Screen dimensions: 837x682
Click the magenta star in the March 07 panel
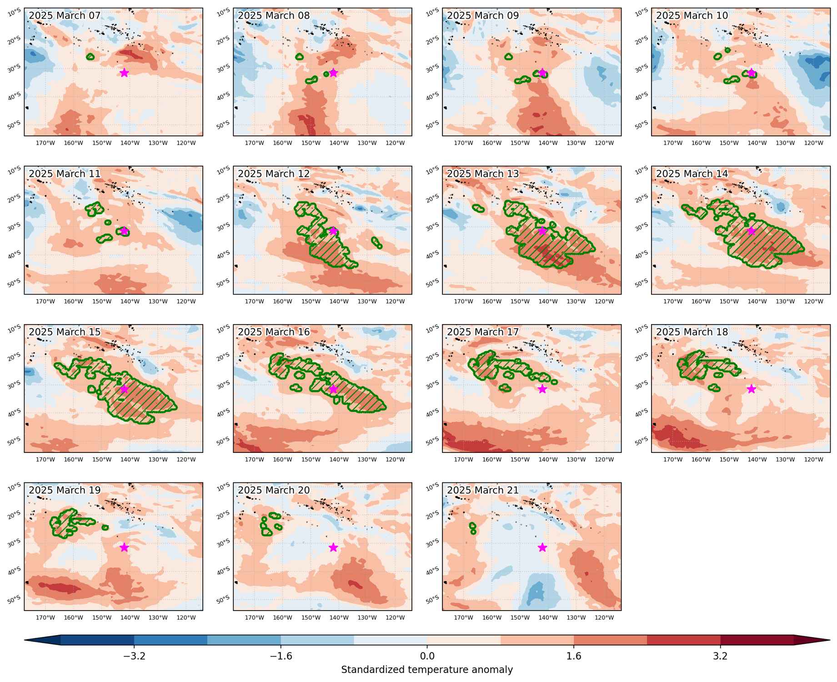(x=124, y=73)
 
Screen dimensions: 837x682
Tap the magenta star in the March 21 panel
(x=542, y=547)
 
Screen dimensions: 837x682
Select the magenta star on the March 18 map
(x=752, y=389)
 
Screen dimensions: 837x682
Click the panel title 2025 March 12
(x=274, y=174)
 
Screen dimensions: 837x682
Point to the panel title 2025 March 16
(x=274, y=332)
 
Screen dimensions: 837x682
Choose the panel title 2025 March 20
(x=274, y=490)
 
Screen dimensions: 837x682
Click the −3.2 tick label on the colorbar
(x=134, y=656)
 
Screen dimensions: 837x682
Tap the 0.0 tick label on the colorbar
(x=427, y=656)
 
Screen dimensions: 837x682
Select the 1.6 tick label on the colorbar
(x=574, y=656)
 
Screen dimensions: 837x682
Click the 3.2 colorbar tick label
(x=720, y=656)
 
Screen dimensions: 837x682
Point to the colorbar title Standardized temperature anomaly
(x=427, y=670)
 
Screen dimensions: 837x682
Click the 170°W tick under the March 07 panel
(x=45, y=143)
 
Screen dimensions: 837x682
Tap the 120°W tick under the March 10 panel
(x=814, y=143)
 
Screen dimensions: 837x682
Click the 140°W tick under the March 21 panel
(x=548, y=617)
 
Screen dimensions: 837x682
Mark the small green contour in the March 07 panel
(x=90, y=57)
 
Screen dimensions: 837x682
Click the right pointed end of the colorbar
(x=830, y=640)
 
